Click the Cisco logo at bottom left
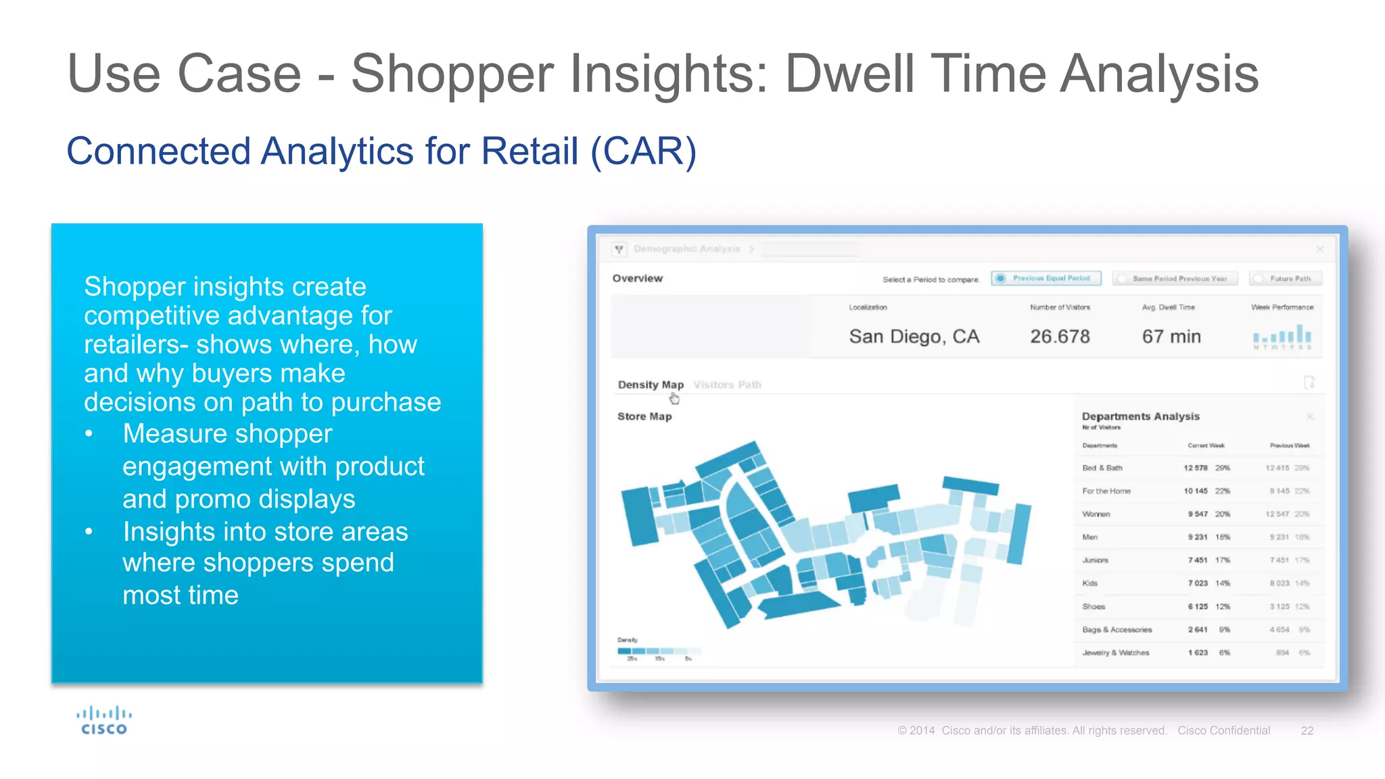coord(103,721)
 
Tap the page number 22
coord(1307,730)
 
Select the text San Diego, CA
coord(914,336)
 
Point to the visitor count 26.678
coord(1060,336)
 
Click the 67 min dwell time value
coord(1171,336)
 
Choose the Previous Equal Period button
coord(1046,278)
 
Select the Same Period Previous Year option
coord(1175,278)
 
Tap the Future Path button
coord(1286,278)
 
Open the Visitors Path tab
coord(727,385)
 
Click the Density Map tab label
coord(651,385)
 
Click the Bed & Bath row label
coord(1102,468)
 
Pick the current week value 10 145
coord(1195,491)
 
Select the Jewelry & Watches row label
coord(1115,653)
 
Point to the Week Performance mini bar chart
coord(1282,335)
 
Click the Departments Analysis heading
coord(1140,417)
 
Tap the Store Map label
coord(644,417)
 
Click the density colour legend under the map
coord(657,651)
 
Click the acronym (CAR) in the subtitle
coord(642,151)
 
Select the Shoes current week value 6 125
coord(1197,607)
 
